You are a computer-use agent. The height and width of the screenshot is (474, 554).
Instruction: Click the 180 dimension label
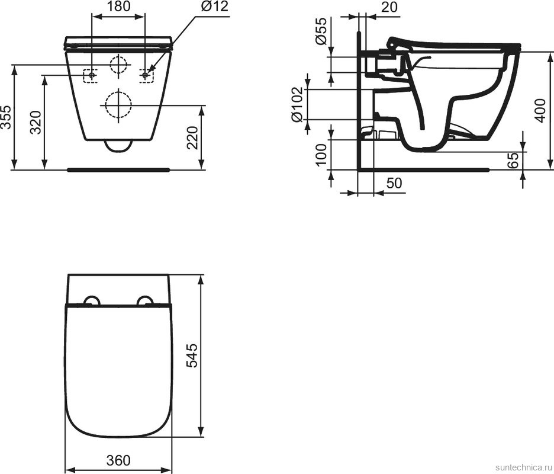coord(119,8)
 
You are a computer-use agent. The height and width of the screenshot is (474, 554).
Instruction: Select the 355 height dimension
coord(6,118)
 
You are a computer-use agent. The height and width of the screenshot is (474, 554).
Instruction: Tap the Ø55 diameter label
coord(320,32)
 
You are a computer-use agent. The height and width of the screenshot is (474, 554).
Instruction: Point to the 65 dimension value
coord(514,159)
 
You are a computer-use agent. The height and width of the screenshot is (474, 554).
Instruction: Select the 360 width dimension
coord(119,460)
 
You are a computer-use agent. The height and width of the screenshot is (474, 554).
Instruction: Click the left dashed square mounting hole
coord(91,75)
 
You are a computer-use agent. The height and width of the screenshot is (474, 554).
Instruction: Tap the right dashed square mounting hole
coord(146,75)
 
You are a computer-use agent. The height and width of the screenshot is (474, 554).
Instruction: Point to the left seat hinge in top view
coord(92,300)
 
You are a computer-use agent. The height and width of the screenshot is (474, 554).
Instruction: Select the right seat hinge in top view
coord(145,300)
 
